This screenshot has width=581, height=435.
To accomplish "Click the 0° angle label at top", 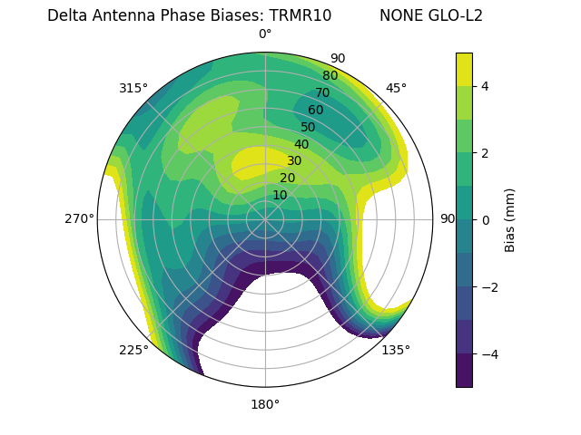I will (x=265, y=34).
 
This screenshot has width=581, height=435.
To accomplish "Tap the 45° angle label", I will (x=396, y=88).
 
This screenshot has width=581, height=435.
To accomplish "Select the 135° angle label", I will (x=396, y=350).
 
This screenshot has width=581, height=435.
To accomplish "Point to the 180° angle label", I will (x=265, y=404).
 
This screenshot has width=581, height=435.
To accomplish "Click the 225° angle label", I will (x=133, y=350).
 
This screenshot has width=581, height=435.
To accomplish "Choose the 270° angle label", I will (x=79, y=218).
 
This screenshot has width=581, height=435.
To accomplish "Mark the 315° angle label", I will (x=133, y=88).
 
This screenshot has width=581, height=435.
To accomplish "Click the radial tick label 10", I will (x=280, y=195).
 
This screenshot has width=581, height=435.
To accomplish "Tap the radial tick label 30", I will (x=294, y=160).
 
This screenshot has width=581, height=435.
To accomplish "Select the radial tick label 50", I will (x=308, y=127).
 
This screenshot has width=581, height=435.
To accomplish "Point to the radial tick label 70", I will (x=322, y=92).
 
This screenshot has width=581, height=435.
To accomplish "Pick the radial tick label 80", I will (x=330, y=75).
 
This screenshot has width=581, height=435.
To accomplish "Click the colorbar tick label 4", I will (x=485, y=86).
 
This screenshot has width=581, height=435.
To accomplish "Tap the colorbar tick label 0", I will (x=485, y=220).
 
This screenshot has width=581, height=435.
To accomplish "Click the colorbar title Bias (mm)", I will (x=510, y=219).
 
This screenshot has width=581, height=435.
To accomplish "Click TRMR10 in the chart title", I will (x=300, y=15).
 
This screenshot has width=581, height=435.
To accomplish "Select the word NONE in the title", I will (x=399, y=15).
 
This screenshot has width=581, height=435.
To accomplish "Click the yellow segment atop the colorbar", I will (x=464, y=69).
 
